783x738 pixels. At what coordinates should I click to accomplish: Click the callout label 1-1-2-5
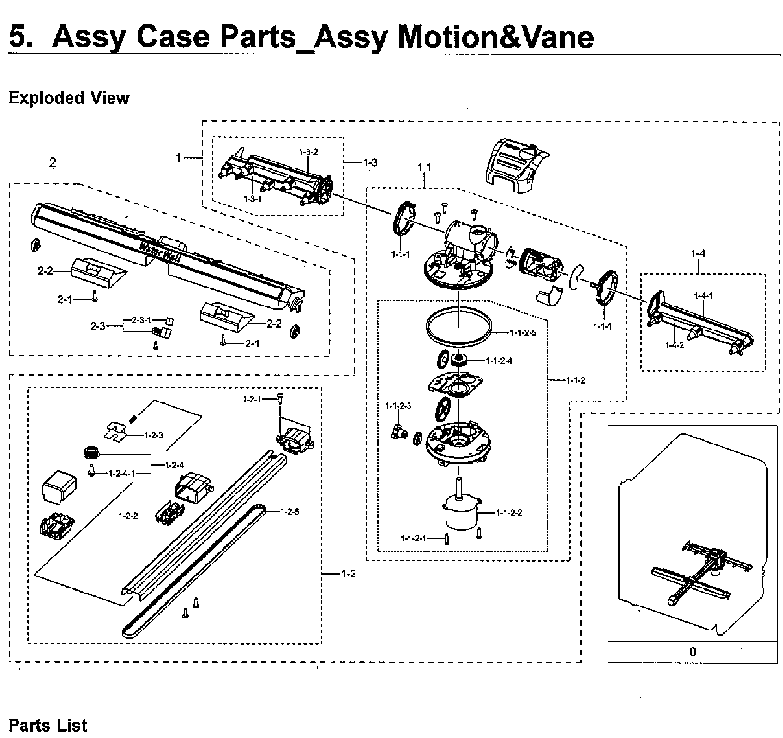(523, 333)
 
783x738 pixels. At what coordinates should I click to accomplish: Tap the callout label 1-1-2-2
(509, 513)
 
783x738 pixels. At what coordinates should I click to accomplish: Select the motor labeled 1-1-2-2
(462, 511)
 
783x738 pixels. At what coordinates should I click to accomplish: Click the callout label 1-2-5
(290, 511)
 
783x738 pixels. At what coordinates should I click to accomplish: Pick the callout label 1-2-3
(153, 435)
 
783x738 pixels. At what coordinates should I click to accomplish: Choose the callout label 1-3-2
(308, 152)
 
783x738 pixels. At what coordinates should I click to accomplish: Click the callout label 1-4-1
(703, 296)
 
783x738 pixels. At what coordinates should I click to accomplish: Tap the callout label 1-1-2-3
(398, 406)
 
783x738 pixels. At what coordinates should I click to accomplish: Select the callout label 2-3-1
(141, 320)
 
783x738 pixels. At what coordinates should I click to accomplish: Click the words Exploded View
(69, 98)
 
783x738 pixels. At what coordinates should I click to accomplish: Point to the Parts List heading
(48, 725)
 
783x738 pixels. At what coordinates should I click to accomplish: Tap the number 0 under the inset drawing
(692, 652)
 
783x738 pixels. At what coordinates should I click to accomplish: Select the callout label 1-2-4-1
(122, 473)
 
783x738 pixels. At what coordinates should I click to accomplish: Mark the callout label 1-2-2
(128, 516)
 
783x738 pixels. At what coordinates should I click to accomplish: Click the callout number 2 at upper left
(53, 162)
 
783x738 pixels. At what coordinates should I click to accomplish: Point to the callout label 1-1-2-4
(499, 361)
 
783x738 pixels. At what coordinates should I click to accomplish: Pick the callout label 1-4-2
(675, 345)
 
